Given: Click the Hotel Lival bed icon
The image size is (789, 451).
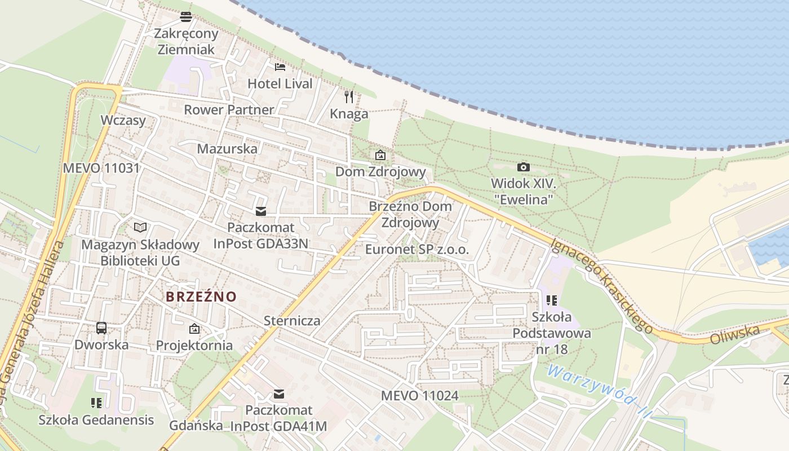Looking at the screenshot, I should pos(280,67).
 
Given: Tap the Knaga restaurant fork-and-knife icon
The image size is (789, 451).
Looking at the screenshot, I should pos(349,97).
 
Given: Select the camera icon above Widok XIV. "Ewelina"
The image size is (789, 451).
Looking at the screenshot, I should pos(523,167).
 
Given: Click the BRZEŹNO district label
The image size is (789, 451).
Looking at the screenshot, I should pos(201,296).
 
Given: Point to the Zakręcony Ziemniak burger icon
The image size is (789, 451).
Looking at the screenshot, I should pos(185,17).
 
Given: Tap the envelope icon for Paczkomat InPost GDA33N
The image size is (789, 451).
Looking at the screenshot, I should pos(260,211).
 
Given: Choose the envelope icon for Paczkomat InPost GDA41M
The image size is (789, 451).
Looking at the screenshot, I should pos(278,393).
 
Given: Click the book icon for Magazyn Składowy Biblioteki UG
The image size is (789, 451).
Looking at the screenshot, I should pos(140,227).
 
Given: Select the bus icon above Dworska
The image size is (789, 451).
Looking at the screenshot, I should pos(101,328).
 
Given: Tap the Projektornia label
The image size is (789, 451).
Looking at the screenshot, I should pos(194,345).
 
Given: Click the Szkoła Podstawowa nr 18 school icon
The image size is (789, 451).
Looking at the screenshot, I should pos(551,300).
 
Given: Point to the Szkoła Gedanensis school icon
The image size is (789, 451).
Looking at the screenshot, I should pos(96,403).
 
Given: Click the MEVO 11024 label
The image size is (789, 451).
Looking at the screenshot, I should pos(420,396).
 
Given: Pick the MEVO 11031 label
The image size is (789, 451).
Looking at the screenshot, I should pos(101,167).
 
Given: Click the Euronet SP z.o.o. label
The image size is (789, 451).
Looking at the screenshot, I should pos(417,249).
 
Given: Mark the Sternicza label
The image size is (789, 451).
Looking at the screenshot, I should pos(292,321).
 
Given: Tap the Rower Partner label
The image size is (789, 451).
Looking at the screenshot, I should pos(229,109).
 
